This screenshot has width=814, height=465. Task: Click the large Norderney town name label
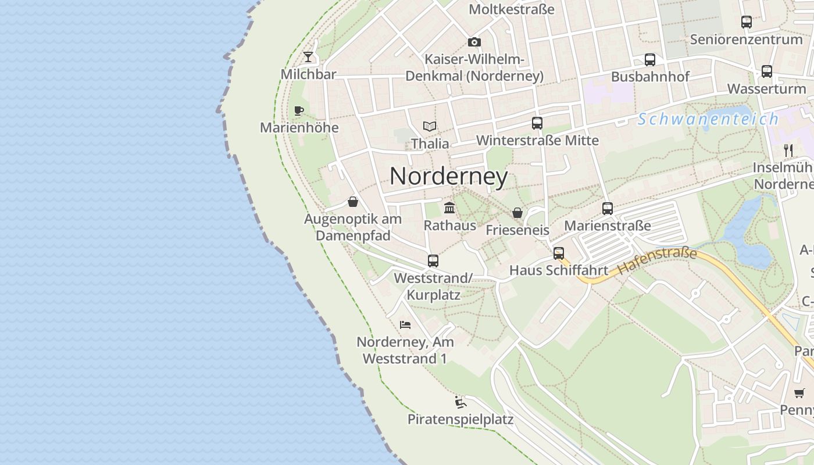[x=449, y=176]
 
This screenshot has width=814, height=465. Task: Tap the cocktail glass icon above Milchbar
[x=308, y=57]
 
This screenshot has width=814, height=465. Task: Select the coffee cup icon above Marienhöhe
[x=299, y=110]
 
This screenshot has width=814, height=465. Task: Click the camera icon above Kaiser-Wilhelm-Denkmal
[x=474, y=42]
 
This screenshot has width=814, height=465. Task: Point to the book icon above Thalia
[x=430, y=126]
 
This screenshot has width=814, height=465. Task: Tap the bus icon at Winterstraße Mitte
[x=537, y=123]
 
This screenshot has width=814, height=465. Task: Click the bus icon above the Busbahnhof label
[x=649, y=60]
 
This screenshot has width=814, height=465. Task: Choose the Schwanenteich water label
[x=708, y=119]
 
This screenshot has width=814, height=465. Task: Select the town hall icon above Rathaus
[x=449, y=208]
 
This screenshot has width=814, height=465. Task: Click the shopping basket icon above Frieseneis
[x=517, y=213]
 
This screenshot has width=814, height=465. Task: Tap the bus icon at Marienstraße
[x=608, y=209]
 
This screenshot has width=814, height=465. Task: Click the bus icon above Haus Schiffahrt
[x=559, y=253]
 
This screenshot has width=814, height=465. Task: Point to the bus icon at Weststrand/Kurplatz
[x=433, y=261]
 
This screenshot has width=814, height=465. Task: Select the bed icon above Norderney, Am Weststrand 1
[x=405, y=324]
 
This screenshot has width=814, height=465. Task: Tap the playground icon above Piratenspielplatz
[x=460, y=402]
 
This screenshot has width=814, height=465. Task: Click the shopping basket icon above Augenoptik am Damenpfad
[x=352, y=202]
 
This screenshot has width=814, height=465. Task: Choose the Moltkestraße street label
[x=511, y=9]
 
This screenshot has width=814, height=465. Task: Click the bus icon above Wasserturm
[x=767, y=71]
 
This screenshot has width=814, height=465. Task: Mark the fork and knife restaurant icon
[x=788, y=151]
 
